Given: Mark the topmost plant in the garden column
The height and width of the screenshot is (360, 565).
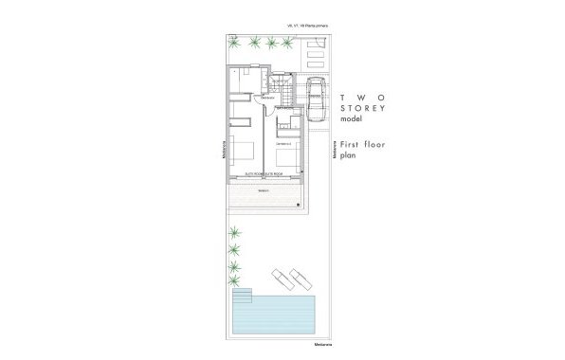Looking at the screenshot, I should coord(234,232).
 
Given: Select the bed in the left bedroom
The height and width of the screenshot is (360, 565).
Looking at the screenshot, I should coord(242,151).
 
